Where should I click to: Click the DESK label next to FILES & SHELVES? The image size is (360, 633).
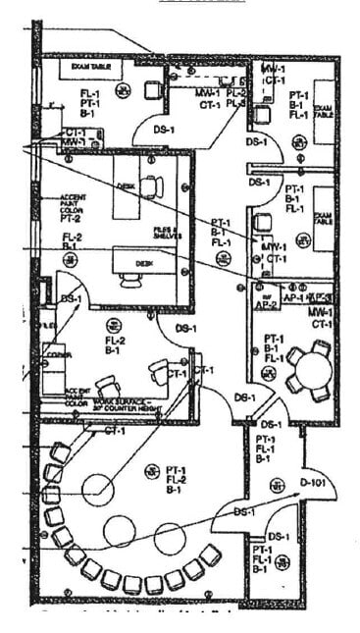145,263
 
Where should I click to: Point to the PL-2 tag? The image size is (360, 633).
235,92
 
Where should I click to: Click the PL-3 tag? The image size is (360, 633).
235,102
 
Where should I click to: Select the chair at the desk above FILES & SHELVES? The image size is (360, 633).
151,185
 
